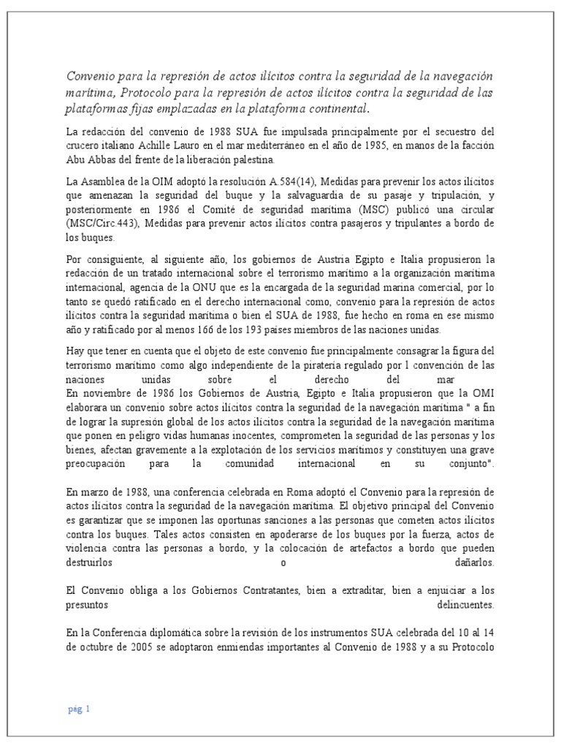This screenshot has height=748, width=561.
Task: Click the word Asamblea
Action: click(103, 183)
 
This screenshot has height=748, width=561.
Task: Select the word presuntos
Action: click(87, 606)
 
